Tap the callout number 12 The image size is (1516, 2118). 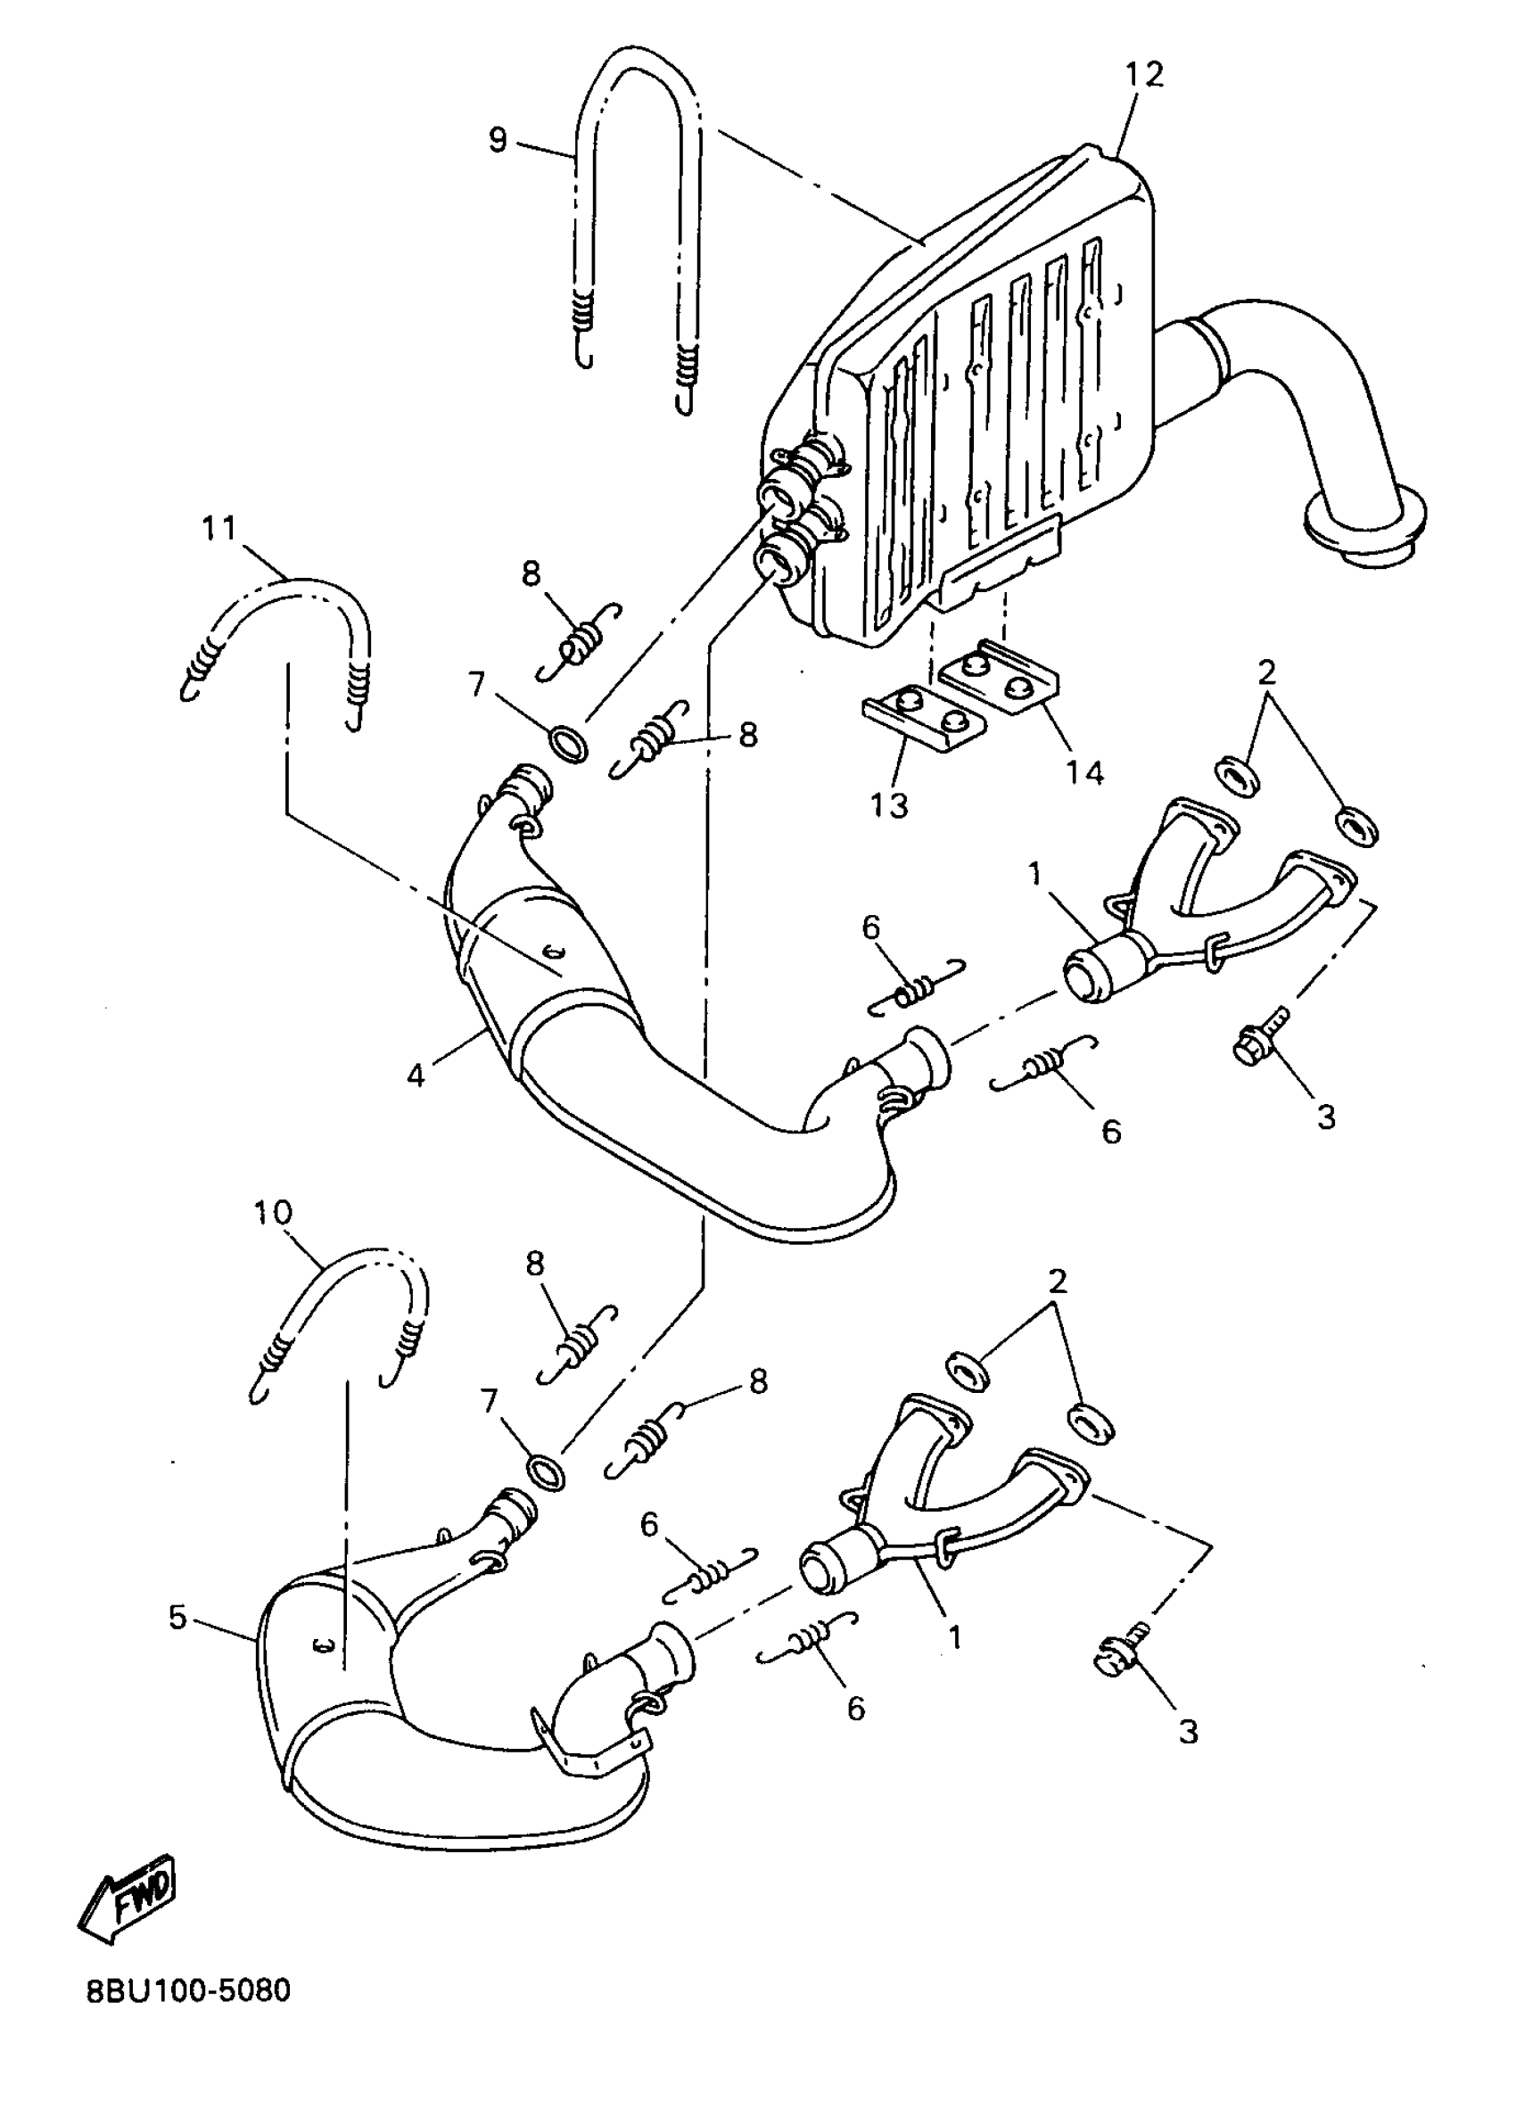point(1144,75)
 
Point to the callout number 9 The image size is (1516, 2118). point(498,140)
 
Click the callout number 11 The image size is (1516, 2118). point(219,528)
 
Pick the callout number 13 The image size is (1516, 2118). point(889,804)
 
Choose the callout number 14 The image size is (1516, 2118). point(1085,772)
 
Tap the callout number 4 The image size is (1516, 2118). point(416,1075)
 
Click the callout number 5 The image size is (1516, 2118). point(177,1618)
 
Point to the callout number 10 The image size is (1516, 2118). point(273,1213)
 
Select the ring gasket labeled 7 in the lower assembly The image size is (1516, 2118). point(545,1473)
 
